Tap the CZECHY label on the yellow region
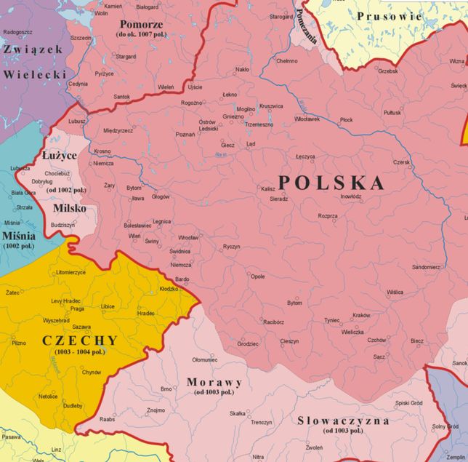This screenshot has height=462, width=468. pyautogui.click(x=79, y=340)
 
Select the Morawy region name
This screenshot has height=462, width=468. pyautogui.click(x=214, y=382)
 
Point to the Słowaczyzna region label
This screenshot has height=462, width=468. pyautogui.click(x=343, y=421)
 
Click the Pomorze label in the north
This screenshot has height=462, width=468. pyautogui.click(x=141, y=23)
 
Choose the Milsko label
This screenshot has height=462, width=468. pyautogui.click(x=70, y=208)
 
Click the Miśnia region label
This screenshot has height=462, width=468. pyautogui.click(x=18, y=236)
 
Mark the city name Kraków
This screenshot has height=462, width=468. pyautogui.click(x=361, y=315)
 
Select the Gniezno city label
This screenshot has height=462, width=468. pyautogui.click(x=233, y=116)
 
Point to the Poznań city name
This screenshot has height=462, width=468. pyautogui.click(x=185, y=135)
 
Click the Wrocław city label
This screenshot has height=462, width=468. pyautogui.click(x=188, y=238)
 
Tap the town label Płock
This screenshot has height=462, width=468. pyautogui.click(x=346, y=119)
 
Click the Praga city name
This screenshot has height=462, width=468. pyautogui.click(x=77, y=308)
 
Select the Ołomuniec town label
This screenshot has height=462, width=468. pyautogui.click(x=204, y=359)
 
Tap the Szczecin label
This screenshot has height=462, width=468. pyautogui.click(x=81, y=38)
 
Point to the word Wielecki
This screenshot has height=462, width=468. pyautogui.click(x=34, y=74)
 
